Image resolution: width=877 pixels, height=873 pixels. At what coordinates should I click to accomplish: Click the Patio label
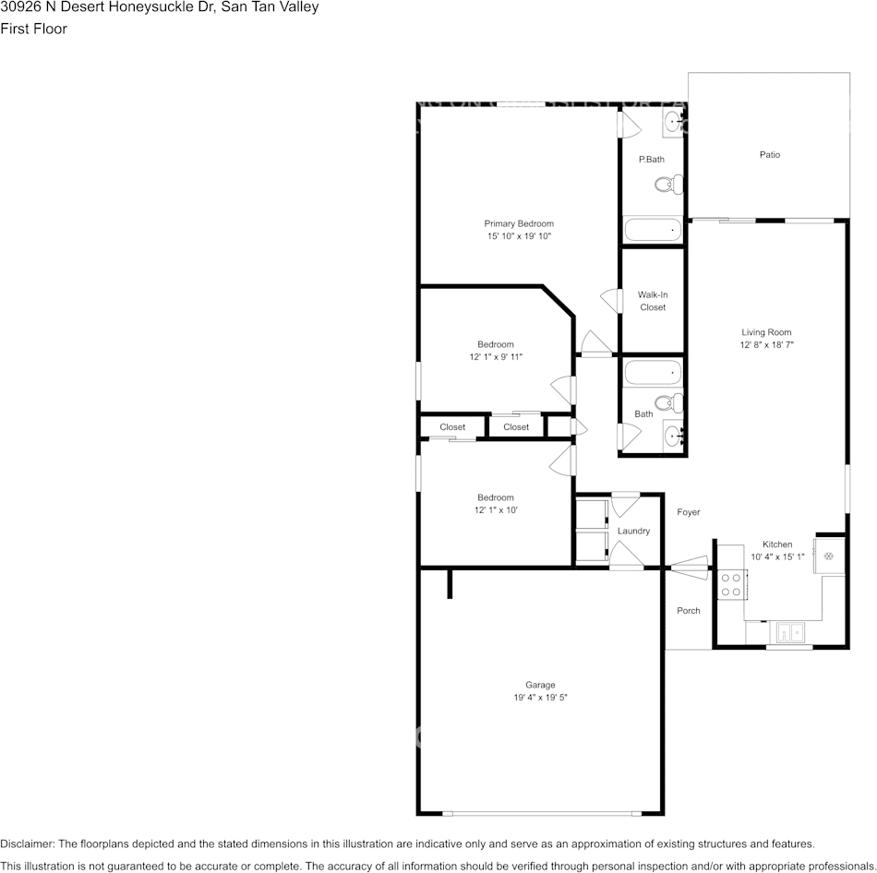[x=769, y=155]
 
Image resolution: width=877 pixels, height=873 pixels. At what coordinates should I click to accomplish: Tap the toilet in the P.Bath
[x=668, y=185]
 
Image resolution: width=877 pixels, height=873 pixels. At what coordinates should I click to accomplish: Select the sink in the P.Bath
[x=673, y=120]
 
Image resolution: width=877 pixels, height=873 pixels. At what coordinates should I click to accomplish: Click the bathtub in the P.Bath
[x=653, y=229]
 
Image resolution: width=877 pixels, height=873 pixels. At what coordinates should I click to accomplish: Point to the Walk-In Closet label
[x=653, y=301]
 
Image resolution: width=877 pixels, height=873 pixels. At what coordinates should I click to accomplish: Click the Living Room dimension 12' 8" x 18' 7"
[x=766, y=344]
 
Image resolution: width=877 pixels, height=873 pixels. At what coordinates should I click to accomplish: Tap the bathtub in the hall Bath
[x=653, y=373]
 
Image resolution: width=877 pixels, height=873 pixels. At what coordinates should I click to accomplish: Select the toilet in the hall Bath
[x=668, y=402]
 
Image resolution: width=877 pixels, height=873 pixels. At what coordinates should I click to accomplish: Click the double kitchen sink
[x=789, y=633]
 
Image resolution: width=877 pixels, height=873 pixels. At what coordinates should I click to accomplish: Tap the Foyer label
[x=689, y=512]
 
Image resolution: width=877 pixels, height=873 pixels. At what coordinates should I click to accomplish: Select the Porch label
[x=689, y=611]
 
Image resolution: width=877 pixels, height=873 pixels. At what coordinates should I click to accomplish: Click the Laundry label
[x=634, y=531]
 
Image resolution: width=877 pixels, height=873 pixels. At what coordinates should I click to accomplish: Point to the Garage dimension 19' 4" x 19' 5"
[x=540, y=698]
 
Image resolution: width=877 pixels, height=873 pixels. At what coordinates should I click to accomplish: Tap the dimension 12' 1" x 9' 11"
[x=496, y=357]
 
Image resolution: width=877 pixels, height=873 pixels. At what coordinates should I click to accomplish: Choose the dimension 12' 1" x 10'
[x=496, y=510]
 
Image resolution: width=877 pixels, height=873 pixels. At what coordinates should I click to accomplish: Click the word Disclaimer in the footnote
[x=27, y=843]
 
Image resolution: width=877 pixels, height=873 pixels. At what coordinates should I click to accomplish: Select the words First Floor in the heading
[x=33, y=29]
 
